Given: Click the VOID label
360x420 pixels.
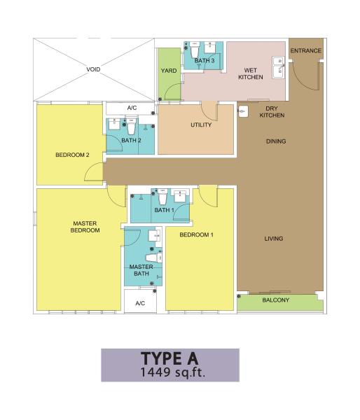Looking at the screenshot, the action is click(93, 69).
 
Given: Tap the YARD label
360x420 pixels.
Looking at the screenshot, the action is click(169, 71).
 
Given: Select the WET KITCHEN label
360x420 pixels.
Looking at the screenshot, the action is click(251, 73).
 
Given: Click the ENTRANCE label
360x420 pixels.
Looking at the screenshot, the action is click(306, 50).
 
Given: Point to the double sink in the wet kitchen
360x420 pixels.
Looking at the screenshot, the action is click(279, 67).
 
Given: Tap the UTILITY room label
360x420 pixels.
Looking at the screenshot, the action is click(201, 125).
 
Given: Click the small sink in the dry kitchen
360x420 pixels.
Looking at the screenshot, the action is click(243, 111).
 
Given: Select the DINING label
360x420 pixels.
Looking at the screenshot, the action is click(276, 141).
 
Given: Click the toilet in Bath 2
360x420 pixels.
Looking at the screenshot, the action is click(132, 127).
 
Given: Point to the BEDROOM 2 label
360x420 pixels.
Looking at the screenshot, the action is click(72, 155).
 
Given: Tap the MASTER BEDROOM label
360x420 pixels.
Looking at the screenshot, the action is click(85, 227).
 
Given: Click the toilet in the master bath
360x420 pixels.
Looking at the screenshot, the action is click(154, 258).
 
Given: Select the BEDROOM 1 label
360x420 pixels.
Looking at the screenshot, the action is click(197, 235).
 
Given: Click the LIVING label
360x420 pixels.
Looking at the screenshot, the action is click(274, 239).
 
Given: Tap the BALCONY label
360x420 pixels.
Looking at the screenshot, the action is click(276, 300).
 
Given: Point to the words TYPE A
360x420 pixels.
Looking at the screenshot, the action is click(170, 358).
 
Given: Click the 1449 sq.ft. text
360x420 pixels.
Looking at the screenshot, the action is click(173, 372).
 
